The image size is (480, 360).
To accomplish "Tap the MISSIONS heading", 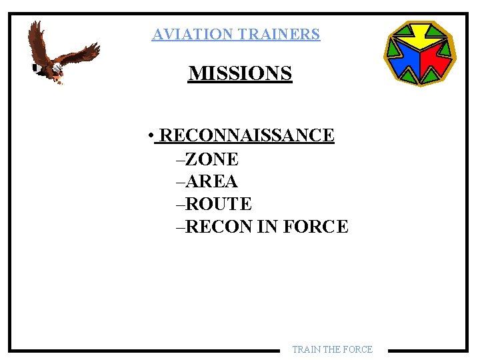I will click(240, 73).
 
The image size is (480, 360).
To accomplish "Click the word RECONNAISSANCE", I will click(247, 135).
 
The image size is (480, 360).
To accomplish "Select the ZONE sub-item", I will click(211, 159).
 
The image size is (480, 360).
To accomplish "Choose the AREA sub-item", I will click(211, 181).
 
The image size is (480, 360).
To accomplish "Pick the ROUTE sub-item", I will click(218, 204).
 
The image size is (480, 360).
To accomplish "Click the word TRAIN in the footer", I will click(307, 349).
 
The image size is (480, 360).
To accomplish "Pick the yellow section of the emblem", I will click(420, 37).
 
